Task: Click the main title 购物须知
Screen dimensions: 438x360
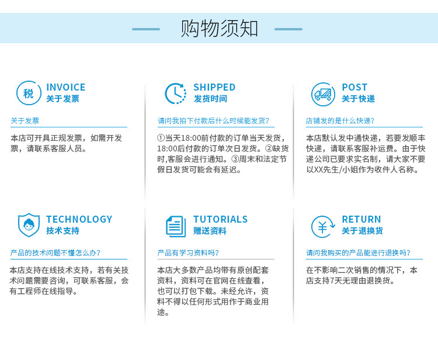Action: point(219,29)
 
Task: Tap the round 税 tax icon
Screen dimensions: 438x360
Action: point(29,93)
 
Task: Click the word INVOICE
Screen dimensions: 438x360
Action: point(66,87)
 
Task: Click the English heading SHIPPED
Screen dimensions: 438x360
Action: point(214,87)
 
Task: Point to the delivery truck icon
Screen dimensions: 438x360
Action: point(323,94)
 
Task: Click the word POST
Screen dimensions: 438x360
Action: point(354,87)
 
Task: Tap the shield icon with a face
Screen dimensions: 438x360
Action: point(29,225)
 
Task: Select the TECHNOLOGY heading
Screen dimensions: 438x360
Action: point(79,219)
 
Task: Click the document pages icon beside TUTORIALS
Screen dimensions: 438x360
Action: point(176,226)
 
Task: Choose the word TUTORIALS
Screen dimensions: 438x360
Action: point(221,219)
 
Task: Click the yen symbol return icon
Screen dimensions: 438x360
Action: point(322,227)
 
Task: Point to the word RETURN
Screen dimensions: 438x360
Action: point(361,219)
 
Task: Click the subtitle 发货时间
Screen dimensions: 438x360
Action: point(210,99)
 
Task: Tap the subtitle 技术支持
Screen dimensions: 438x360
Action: point(63,231)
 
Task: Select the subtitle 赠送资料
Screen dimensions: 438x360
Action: point(210,231)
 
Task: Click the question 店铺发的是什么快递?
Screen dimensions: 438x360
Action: point(340,121)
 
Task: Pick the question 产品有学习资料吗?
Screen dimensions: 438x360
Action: point(188,252)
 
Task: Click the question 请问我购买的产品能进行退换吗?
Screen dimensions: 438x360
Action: point(359,252)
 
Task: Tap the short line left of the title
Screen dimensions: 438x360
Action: point(146,29)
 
